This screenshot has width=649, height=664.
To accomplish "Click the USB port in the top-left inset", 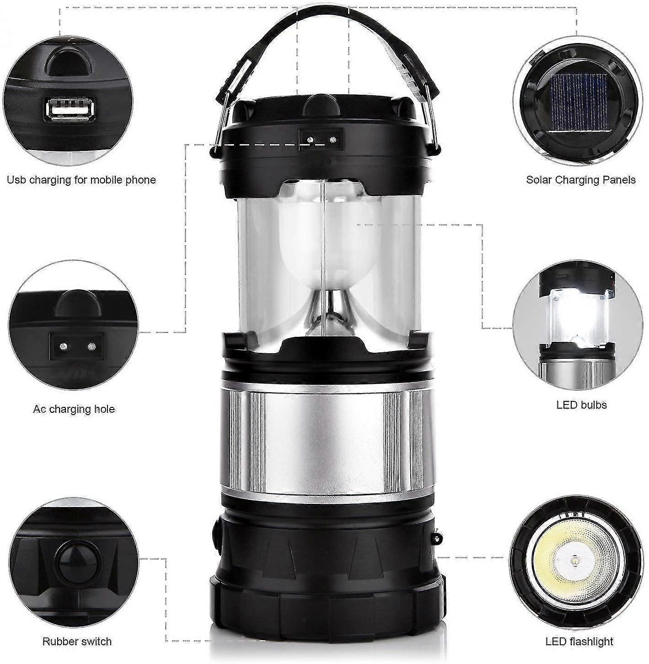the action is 68,110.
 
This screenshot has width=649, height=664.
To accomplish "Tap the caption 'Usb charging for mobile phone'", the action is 81,180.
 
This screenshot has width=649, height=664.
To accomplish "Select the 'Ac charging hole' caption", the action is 74,409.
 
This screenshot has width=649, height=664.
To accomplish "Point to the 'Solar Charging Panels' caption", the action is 581,180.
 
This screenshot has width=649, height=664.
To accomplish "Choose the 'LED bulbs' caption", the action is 581,405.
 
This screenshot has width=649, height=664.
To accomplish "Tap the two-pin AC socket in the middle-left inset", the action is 76,347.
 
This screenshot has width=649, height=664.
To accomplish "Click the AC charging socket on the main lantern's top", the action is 321,139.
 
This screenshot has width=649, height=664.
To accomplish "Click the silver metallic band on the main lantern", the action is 328,442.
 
